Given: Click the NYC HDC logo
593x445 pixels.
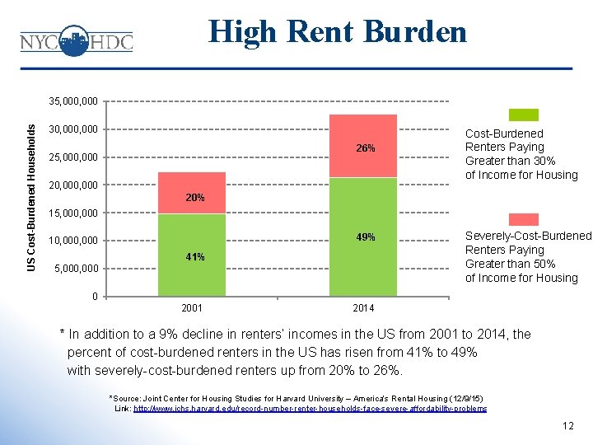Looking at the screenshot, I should click(x=76, y=40).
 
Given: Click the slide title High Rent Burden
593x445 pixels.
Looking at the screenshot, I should click(x=338, y=31).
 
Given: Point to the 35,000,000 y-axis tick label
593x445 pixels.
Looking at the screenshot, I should click(x=73, y=101).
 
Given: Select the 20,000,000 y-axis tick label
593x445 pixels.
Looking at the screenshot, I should click(x=73, y=185).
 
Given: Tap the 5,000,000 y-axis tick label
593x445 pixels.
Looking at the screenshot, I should click(x=77, y=269).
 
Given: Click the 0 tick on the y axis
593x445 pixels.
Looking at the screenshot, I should click(x=95, y=297).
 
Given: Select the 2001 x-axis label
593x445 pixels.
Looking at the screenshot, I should click(x=191, y=308).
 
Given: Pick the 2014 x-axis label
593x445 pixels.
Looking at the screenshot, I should click(x=362, y=308).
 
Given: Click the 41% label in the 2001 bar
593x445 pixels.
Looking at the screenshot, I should click(x=194, y=257).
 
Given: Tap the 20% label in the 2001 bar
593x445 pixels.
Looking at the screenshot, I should click(x=194, y=199).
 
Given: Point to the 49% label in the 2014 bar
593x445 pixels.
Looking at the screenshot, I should click(x=366, y=237).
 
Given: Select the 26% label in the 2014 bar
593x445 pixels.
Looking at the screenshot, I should click(x=366, y=148).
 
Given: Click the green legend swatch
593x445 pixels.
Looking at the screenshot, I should click(x=523, y=115).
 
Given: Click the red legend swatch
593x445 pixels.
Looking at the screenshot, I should click(x=523, y=219).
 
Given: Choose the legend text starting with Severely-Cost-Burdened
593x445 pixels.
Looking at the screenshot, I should click(x=528, y=257).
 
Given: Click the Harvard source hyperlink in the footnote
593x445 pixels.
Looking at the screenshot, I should click(x=310, y=409).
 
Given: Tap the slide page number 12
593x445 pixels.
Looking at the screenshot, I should click(x=567, y=426).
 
